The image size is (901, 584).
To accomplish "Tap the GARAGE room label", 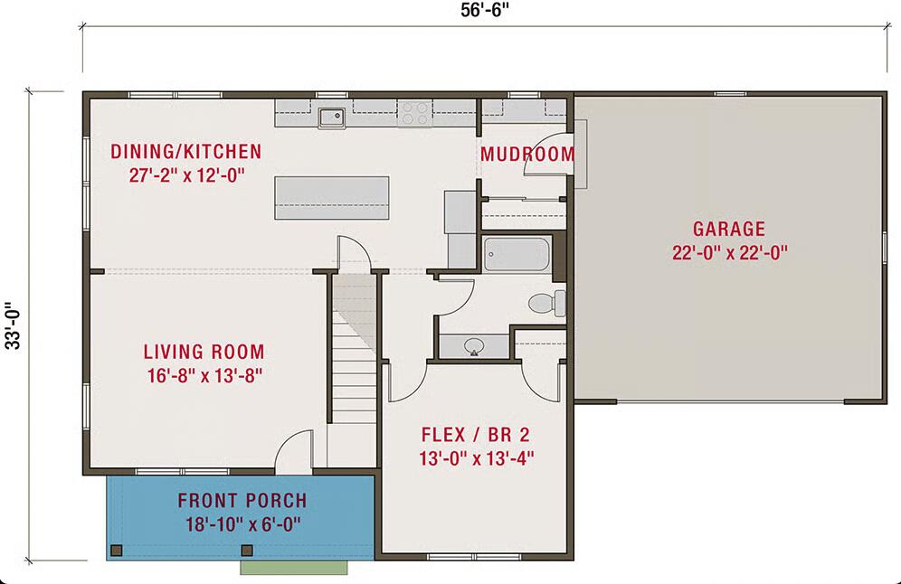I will [x=729, y=229].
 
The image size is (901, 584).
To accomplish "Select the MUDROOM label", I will [x=526, y=155].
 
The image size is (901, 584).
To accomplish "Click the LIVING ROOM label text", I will [x=204, y=352].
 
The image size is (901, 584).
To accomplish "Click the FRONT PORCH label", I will [x=242, y=501].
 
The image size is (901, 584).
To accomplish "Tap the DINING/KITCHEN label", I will [x=185, y=151].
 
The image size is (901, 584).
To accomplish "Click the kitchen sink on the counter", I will [x=331, y=115].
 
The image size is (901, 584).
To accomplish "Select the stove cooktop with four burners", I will [x=414, y=114].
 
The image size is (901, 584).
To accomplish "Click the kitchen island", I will [x=332, y=197].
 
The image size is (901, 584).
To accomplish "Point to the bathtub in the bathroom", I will [x=516, y=254].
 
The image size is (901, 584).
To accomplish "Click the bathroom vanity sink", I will [x=473, y=344].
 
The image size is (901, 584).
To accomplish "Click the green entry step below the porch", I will [x=294, y=567].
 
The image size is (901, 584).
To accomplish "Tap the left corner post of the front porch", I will [x=116, y=550].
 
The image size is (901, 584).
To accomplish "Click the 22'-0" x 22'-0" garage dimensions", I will [x=729, y=253].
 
